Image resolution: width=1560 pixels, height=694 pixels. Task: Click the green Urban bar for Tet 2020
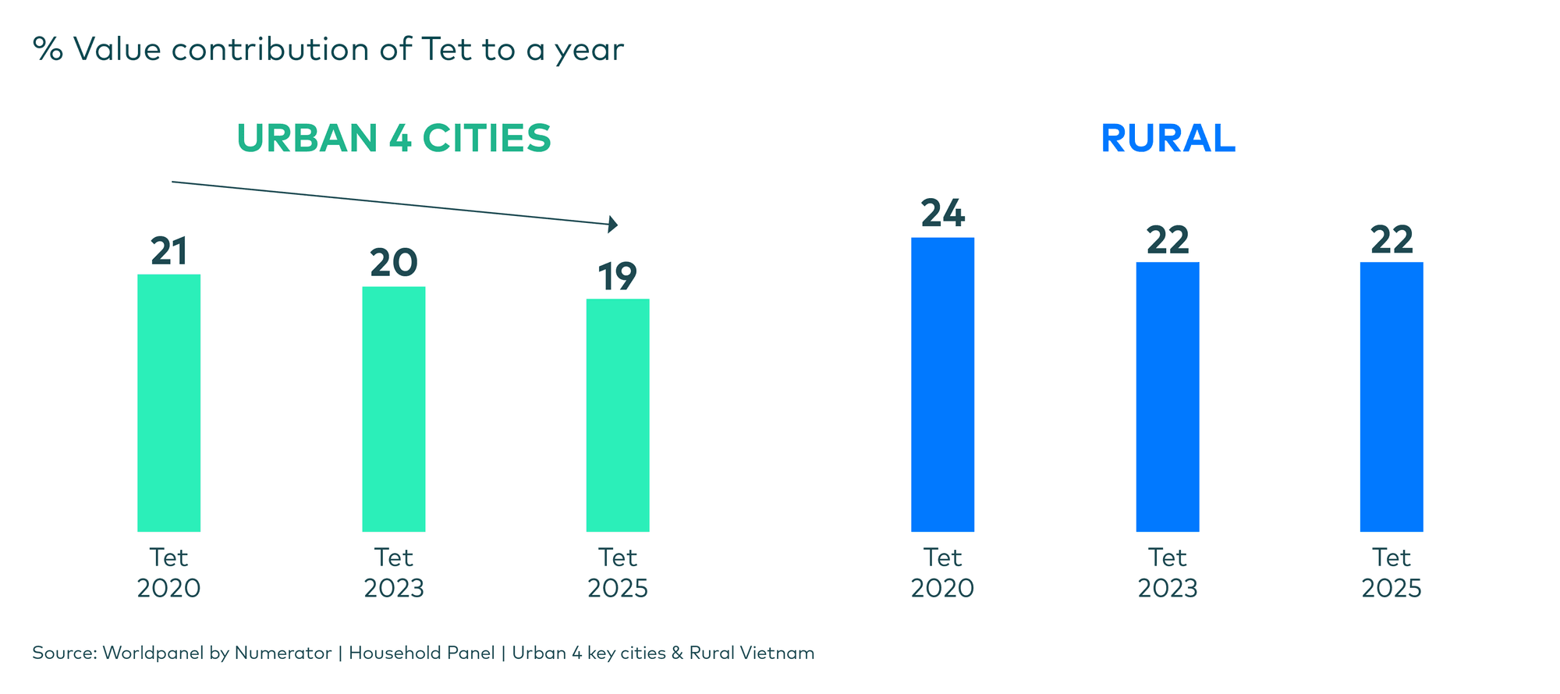(x=168, y=402)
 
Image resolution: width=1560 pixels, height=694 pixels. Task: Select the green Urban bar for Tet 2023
(x=393, y=409)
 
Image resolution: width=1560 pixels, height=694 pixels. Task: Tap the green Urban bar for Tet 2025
(x=618, y=415)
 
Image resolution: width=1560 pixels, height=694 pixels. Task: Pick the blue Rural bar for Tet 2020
(x=942, y=384)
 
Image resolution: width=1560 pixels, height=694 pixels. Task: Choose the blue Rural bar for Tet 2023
(x=1167, y=397)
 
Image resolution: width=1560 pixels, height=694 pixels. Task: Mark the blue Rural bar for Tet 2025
(x=1392, y=397)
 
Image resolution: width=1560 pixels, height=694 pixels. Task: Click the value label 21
(x=168, y=252)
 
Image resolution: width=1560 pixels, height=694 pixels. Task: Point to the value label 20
(x=393, y=264)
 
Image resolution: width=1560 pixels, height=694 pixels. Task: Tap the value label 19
(x=618, y=277)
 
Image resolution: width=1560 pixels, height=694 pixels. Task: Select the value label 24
(x=942, y=214)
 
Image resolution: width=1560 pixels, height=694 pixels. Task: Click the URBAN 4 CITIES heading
(x=393, y=139)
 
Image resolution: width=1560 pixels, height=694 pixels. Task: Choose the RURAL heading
(x=1168, y=139)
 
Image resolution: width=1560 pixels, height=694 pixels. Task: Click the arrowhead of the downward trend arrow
(x=614, y=225)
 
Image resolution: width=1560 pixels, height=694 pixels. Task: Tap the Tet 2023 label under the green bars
(x=393, y=572)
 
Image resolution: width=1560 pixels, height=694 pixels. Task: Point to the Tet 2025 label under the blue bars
(x=1392, y=572)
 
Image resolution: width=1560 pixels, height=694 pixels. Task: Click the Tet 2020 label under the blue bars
(x=942, y=572)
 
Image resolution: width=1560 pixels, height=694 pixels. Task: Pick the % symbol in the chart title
(x=47, y=50)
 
